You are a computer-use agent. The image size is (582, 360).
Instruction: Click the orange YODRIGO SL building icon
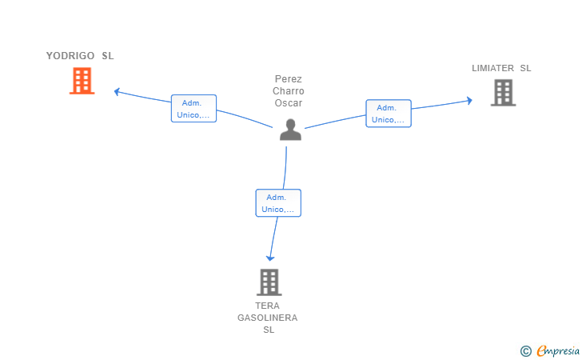click(x=82, y=81)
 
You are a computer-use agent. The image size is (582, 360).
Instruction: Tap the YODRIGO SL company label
click(x=80, y=56)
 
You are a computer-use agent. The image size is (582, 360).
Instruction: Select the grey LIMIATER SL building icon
click(x=504, y=93)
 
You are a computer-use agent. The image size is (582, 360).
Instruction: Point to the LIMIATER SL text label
click(x=501, y=68)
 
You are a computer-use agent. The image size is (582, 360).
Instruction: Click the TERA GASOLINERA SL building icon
click(x=269, y=282)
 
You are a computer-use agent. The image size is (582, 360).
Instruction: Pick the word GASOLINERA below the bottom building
click(x=268, y=318)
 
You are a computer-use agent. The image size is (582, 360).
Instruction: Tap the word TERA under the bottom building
click(x=267, y=306)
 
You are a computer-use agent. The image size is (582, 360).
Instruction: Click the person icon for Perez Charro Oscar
click(x=291, y=130)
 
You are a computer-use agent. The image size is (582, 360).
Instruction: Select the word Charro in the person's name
click(x=289, y=91)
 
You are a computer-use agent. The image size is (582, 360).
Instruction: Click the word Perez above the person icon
click(x=289, y=78)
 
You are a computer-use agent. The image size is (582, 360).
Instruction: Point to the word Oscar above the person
click(x=289, y=103)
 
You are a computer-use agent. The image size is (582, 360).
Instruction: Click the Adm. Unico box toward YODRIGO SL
click(x=193, y=109)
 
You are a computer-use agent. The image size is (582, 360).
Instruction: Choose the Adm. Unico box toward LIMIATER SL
click(x=389, y=114)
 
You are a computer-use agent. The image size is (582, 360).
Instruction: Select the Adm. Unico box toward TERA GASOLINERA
click(x=278, y=203)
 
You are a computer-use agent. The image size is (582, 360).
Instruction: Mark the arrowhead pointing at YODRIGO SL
click(x=117, y=91)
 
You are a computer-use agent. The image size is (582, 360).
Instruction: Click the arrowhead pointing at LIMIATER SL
click(x=469, y=100)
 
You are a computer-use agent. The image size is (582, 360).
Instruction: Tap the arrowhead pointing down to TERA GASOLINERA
click(x=270, y=258)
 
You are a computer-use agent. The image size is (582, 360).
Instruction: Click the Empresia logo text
click(x=558, y=350)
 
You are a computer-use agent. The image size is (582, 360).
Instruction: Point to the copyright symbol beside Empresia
click(x=526, y=351)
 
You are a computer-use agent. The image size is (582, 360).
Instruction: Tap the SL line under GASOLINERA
click(x=269, y=330)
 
